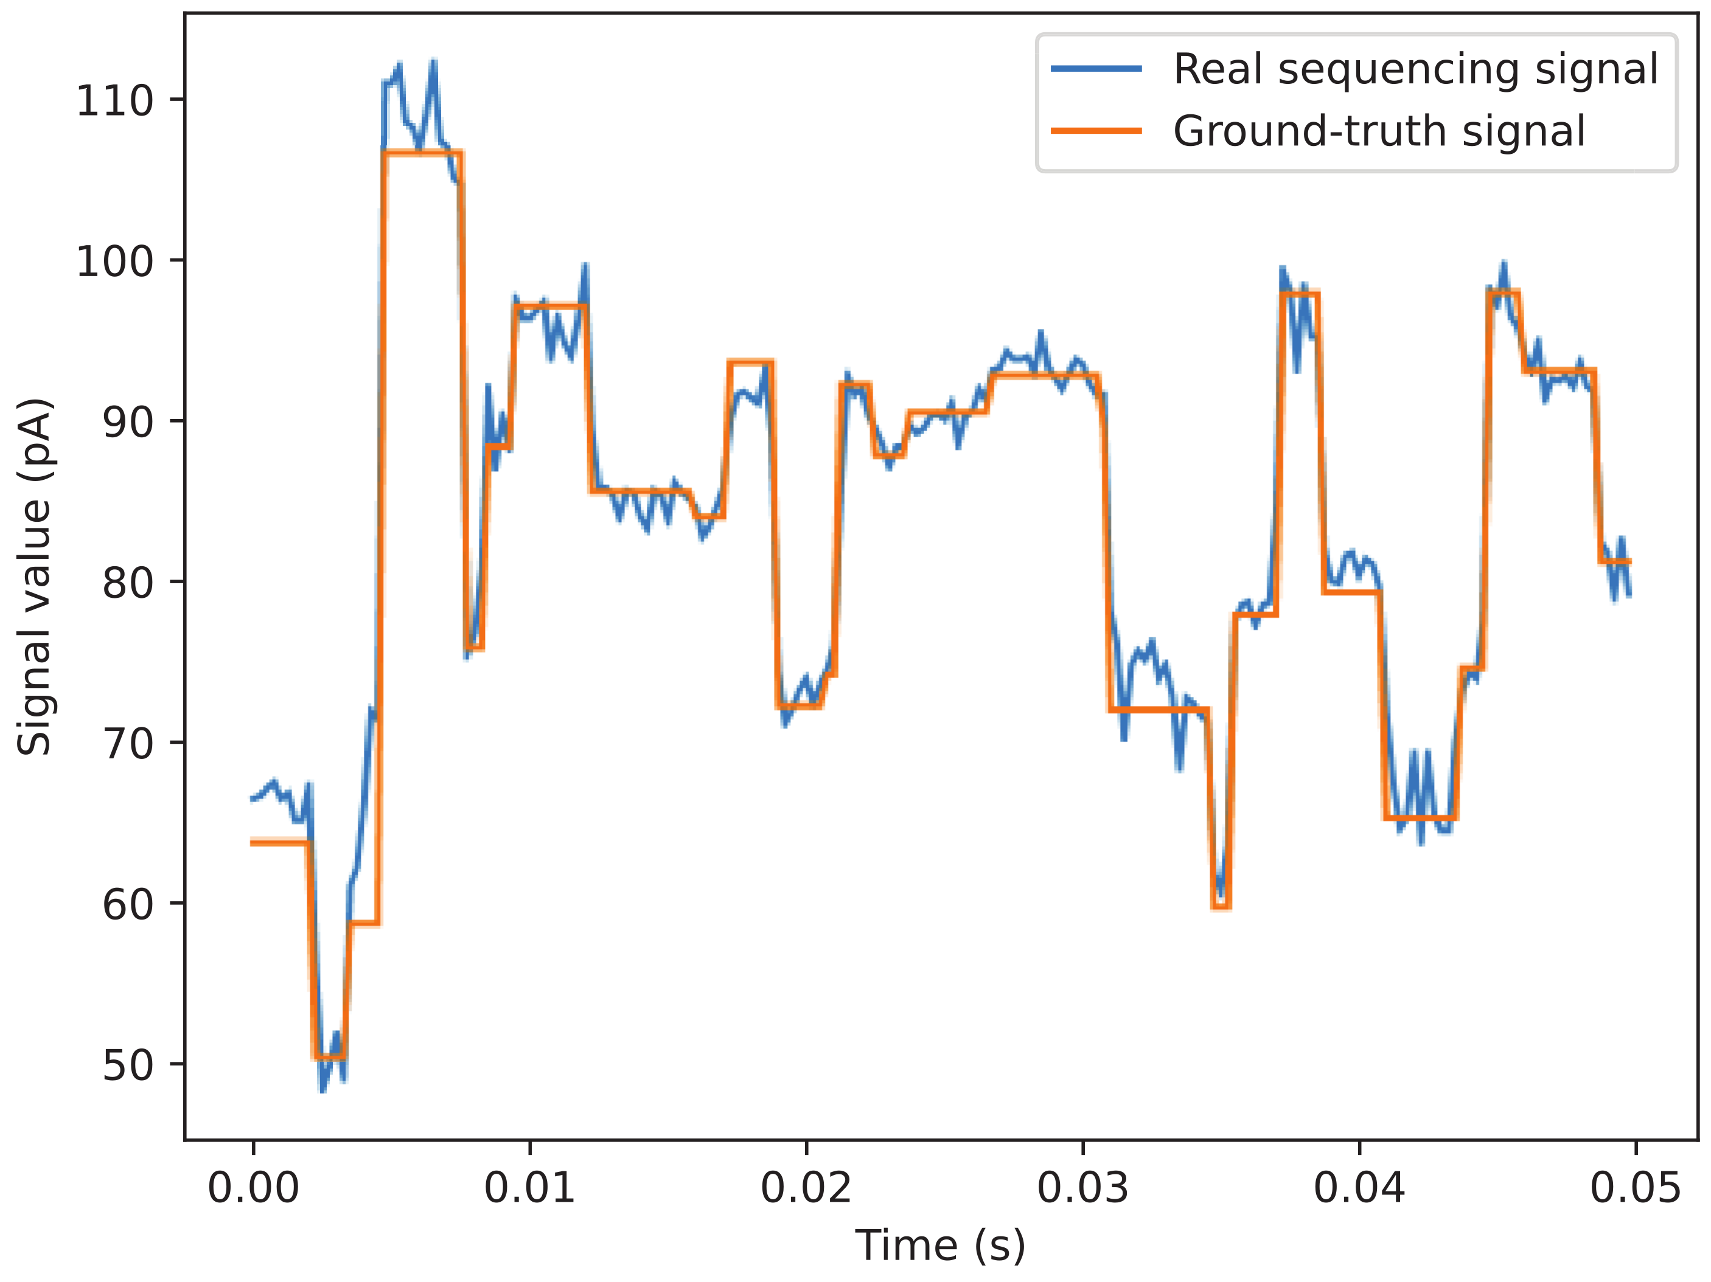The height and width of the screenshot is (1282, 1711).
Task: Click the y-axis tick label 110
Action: pos(114,102)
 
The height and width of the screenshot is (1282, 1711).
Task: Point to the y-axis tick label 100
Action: pos(114,262)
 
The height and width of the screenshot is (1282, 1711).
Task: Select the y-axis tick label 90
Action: pos(128,422)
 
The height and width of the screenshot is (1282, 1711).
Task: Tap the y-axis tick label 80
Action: pos(128,583)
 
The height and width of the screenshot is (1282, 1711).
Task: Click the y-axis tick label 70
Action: pos(128,744)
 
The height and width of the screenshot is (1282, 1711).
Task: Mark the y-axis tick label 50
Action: pos(128,1065)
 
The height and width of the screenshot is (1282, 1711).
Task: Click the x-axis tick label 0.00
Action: pos(253,1188)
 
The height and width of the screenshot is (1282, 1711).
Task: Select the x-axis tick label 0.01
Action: pos(530,1188)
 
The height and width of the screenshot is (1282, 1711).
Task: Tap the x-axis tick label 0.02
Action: pos(806,1188)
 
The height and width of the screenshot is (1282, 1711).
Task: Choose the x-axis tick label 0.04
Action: pos(1359,1188)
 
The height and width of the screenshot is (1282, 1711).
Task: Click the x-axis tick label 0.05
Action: pos(1635,1188)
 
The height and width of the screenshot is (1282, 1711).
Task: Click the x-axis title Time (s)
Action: pos(940,1246)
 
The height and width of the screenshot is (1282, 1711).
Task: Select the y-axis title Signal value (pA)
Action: pos(34,577)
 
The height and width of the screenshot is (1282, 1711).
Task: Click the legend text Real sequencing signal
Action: pos(1415,69)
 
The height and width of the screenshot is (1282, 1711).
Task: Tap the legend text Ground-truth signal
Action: pos(1379,131)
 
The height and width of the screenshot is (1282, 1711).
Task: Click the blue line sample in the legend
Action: pos(1096,69)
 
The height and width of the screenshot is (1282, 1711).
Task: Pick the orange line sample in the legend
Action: pos(1096,131)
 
